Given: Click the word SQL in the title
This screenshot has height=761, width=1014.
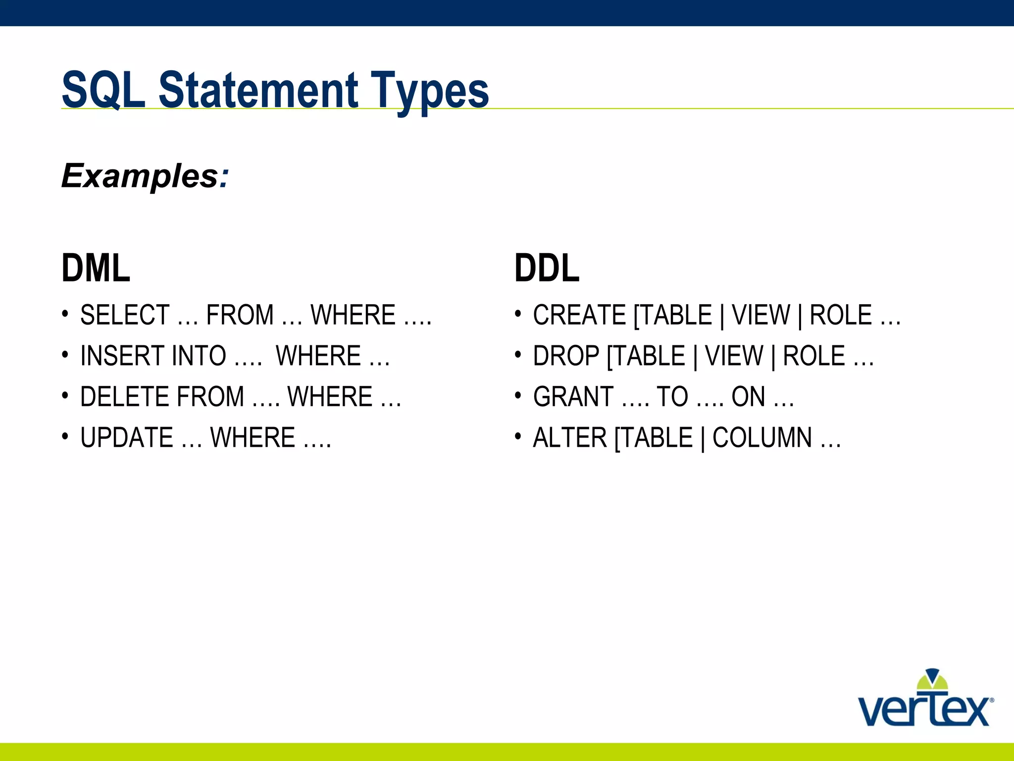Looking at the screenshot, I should tap(103, 90).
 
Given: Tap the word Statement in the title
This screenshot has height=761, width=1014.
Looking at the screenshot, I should tap(258, 90).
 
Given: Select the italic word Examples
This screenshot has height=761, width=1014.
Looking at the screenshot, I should tap(140, 176).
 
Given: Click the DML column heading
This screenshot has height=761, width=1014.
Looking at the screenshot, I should tap(96, 268).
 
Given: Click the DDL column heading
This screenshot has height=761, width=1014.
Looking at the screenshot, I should tap(547, 268).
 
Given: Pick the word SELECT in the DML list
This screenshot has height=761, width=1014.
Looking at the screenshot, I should tap(125, 315).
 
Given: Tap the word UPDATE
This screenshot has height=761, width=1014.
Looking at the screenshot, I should tap(126, 438).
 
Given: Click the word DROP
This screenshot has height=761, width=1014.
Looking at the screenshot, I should tap(566, 356).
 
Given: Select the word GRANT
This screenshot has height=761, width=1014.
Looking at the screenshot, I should tap(573, 397).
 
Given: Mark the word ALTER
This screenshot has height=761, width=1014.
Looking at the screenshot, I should tap(569, 438).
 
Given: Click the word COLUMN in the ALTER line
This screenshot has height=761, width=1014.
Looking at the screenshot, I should tap(762, 438).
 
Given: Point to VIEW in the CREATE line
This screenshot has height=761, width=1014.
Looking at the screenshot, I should tap(761, 315).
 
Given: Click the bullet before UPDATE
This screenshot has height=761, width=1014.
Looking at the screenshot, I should tap(65, 436).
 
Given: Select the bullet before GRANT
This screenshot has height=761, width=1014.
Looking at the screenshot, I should tap(518, 395).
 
